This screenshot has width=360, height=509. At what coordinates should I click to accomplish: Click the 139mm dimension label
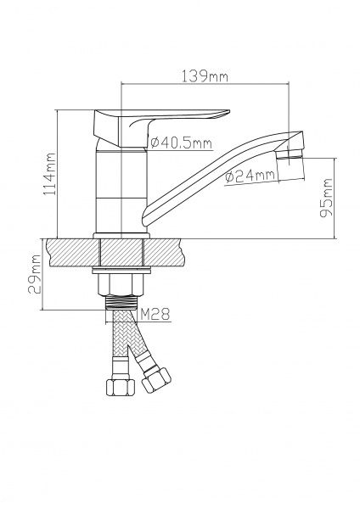click(205, 76)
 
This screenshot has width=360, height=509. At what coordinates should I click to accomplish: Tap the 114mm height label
click(50, 174)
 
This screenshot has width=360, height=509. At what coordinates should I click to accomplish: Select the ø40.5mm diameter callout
click(182, 143)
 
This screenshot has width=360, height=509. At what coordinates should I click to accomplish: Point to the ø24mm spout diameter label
click(250, 176)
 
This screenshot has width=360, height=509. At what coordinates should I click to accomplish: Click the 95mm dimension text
click(326, 198)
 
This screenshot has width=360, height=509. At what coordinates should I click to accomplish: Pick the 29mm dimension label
click(35, 274)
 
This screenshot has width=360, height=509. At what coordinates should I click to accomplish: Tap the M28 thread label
click(155, 314)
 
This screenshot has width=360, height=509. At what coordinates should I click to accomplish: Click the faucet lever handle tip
click(228, 112)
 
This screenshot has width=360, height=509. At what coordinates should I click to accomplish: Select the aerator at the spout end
click(290, 154)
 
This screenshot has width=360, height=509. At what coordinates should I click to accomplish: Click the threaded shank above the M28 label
click(121, 302)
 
